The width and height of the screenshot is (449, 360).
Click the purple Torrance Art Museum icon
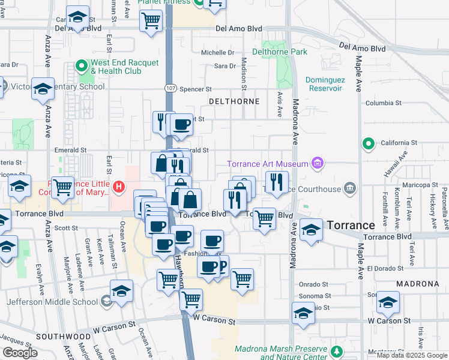click(318, 163)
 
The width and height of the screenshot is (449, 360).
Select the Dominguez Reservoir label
click(325, 83)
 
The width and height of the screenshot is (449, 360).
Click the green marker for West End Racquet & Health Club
click(82, 66)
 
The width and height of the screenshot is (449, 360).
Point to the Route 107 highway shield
click(170, 88)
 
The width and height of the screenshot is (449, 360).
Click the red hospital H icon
click(119, 187)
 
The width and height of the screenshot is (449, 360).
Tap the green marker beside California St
click(368, 143)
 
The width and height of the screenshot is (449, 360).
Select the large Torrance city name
click(351, 225)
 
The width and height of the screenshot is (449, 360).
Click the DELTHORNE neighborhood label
click(234, 101)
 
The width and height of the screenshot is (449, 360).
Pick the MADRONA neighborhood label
click(417, 283)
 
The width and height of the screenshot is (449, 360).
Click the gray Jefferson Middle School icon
click(107, 299)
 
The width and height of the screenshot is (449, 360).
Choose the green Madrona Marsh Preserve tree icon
click(338, 351)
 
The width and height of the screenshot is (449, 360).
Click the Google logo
click(20, 353)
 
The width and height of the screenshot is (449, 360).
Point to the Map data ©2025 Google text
click(411, 355)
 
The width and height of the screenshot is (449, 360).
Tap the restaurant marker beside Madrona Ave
click(276, 182)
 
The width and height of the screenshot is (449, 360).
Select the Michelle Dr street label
click(217, 53)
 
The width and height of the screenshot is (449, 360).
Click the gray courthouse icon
click(350, 190)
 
